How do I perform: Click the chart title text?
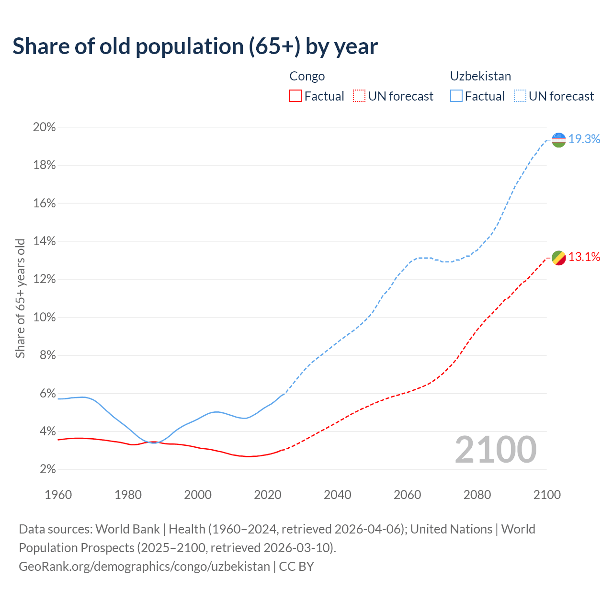click(195, 46)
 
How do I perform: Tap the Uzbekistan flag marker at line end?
click(559, 140)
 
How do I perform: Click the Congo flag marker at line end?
click(559, 258)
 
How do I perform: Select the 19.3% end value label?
click(584, 139)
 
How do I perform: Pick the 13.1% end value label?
click(584, 257)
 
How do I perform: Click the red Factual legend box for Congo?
click(295, 96)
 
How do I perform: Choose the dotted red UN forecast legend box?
click(359, 96)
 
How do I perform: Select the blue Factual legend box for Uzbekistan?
click(456, 96)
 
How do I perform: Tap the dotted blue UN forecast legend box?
click(520, 96)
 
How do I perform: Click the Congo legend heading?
click(307, 76)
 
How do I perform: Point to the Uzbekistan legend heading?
click(480, 76)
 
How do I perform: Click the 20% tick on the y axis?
click(45, 127)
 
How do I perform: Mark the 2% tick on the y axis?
click(47, 469)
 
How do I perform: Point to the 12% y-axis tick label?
click(45, 279)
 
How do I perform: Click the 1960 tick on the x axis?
click(58, 495)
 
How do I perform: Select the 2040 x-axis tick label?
click(338, 495)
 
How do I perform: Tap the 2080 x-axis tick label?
click(477, 495)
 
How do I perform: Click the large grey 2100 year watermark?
click(496, 450)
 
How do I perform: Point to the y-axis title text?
click(20, 298)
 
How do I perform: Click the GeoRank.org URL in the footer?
click(144, 567)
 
